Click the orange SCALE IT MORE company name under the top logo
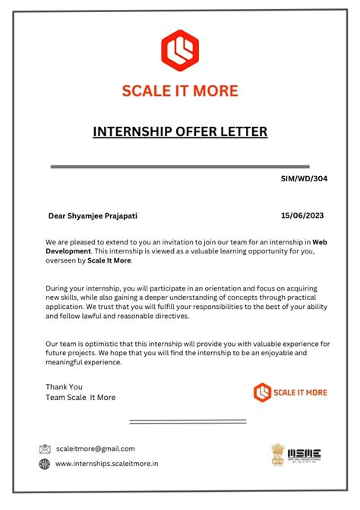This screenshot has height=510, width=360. [x=180, y=90]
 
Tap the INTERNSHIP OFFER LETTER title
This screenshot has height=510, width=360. [x=180, y=132]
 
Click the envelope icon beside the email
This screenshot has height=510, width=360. [x=45, y=449]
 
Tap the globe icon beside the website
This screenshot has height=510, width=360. [x=45, y=464]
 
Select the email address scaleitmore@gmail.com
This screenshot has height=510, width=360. [x=96, y=449]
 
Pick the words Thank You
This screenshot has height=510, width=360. [x=64, y=386]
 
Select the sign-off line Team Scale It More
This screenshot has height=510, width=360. [x=81, y=397]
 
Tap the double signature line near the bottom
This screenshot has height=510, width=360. [x=188, y=421]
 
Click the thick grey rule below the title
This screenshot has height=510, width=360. [x=180, y=165]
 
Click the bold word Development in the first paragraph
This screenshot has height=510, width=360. [x=68, y=250]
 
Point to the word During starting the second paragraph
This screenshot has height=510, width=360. [x=58, y=288]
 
